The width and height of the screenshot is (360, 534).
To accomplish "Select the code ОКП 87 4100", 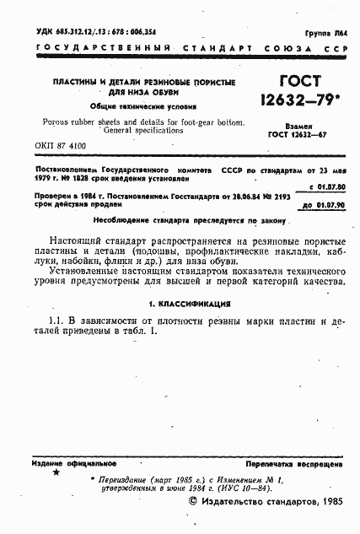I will (x=61, y=146).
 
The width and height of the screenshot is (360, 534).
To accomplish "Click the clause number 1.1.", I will (x=57, y=321).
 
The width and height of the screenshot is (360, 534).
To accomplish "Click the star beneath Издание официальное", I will (x=56, y=473).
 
